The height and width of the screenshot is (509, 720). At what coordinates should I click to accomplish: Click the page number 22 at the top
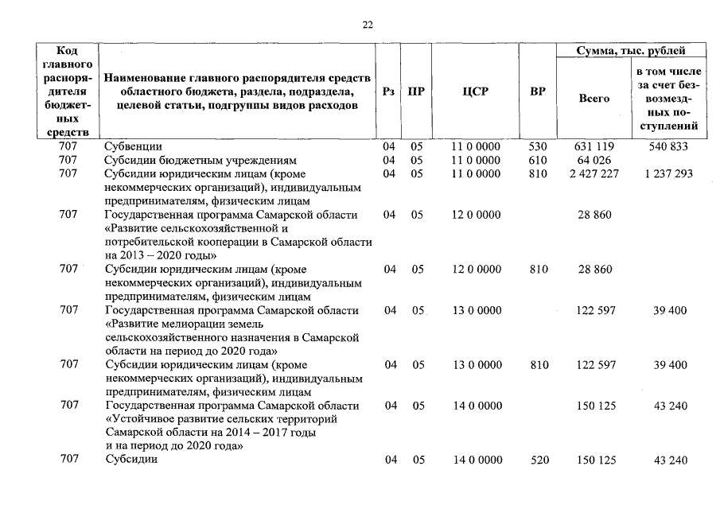click(x=368, y=25)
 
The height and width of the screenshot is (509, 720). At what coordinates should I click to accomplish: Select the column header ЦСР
click(x=475, y=91)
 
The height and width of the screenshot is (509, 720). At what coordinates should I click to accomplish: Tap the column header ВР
click(x=538, y=91)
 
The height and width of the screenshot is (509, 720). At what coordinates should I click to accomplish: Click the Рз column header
click(x=388, y=91)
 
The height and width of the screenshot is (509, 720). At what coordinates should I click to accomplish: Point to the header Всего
click(x=594, y=99)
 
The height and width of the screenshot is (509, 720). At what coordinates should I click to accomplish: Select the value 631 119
click(x=594, y=146)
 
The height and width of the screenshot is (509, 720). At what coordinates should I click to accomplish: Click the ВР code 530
click(x=539, y=146)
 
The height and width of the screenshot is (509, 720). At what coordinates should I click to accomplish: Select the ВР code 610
click(x=539, y=160)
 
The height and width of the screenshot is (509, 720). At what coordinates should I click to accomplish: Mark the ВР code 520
click(x=539, y=460)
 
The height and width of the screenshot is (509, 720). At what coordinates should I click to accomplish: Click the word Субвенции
click(x=134, y=146)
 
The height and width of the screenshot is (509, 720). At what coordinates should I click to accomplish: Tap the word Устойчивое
click(x=141, y=418)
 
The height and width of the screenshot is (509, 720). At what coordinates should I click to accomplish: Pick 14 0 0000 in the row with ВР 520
click(x=477, y=460)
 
